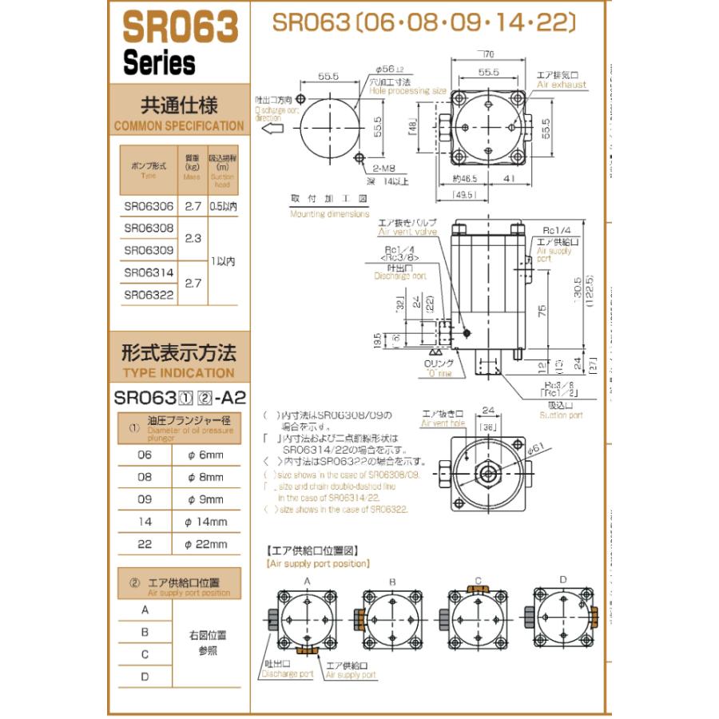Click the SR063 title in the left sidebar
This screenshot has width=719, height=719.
[181, 29]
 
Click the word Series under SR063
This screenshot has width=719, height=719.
[159, 63]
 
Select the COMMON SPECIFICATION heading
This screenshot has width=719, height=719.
[179, 125]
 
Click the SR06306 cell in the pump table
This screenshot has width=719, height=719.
[149, 206]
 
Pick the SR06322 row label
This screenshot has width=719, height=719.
[149, 295]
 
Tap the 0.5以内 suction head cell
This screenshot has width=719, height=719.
[224, 206]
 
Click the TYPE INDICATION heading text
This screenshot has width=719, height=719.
[179, 373]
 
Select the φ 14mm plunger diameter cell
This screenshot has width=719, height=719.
[206, 522]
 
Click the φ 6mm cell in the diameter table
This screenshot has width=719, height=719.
[206, 455]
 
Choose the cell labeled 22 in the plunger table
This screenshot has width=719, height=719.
[145, 544]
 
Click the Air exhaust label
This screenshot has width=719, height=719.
[561, 84]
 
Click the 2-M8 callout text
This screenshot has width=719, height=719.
[387, 169]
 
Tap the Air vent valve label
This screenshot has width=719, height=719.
[407, 232]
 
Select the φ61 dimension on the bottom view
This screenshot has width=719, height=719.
[535, 449]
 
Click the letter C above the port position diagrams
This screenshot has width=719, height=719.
[478, 579]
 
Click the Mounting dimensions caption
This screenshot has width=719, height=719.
[329, 214]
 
